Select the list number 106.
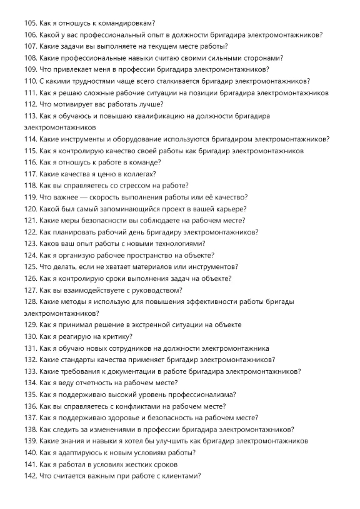click(30, 35)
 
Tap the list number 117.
click(30, 174)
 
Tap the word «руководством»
click(154, 290)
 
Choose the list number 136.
click(30, 406)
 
